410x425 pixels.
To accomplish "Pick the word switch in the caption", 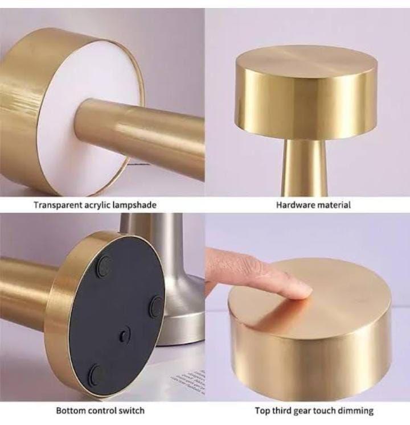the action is pos(132,410).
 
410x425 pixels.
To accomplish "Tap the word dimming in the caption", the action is pos(355,411).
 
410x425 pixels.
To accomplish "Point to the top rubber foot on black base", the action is pos(104,266).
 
